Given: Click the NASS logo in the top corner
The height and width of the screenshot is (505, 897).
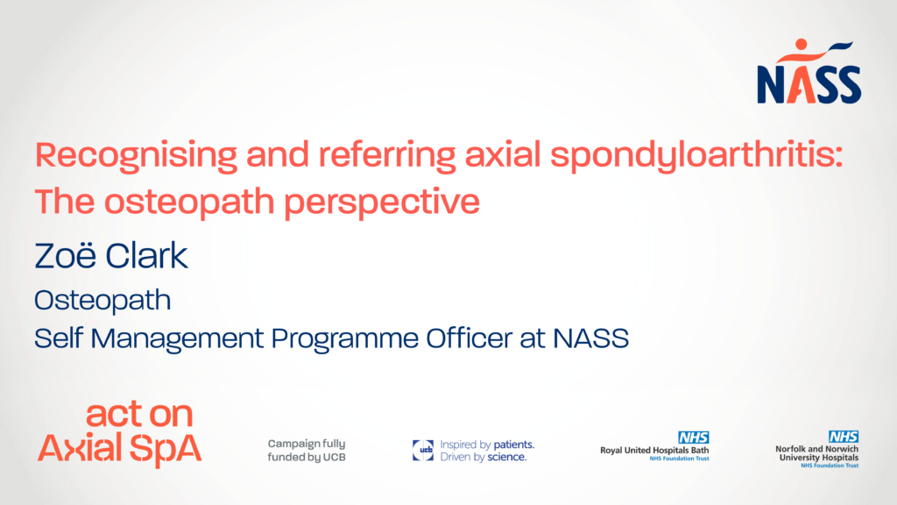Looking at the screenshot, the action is (x=809, y=72).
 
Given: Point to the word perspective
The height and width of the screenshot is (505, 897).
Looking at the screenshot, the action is (x=382, y=203).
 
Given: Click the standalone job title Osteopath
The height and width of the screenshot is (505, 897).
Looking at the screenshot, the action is (x=102, y=301).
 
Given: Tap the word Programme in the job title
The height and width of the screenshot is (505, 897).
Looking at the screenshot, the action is (x=345, y=339).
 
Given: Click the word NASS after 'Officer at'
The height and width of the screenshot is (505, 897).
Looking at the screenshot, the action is (x=591, y=338).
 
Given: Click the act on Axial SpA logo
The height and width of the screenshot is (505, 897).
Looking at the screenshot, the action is (x=119, y=433).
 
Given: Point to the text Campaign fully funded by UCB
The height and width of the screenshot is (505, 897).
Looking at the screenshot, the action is (x=307, y=450).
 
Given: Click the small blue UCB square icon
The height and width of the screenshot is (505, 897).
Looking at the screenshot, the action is (x=423, y=450).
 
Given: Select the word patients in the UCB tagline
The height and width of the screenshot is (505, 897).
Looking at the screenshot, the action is (x=513, y=445).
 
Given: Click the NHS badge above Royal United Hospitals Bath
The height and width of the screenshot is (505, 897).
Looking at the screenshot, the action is (x=694, y=437).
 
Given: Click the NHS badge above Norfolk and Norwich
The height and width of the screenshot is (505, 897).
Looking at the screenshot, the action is (x=844, y=437).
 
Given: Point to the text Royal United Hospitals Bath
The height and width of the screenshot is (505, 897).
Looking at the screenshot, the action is (x=654, y=450).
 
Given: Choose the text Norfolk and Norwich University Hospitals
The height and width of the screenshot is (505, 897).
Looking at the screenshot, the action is (x=817, y=453).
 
